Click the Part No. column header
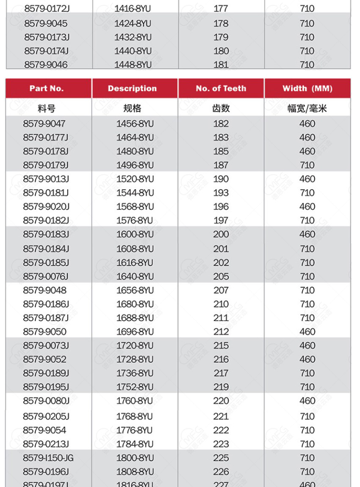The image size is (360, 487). pos(47,88)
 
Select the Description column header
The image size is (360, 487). pos(132,88)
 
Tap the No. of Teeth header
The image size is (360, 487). pos(221,88)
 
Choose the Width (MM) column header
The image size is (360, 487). pos(307,88)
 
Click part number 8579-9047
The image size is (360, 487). pos(44,124)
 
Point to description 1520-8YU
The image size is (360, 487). pos(135,179)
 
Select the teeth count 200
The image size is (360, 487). pos(221,234)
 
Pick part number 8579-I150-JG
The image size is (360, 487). pos(48,458)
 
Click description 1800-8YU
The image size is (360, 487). pos(135,458)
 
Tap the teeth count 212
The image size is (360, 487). pos(221,331)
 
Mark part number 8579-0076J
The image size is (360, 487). pos(46,276)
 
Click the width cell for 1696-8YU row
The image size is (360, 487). pos(307,331)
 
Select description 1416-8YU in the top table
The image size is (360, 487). pos(133,8)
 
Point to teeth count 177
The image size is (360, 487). pos(221,8)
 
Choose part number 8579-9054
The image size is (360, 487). pos(44,430)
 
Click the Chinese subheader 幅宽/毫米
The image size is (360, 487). pos(307,108)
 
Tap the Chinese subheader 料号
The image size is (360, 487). pos(47,108)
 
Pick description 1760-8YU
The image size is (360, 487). pos(135,400)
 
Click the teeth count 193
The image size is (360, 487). pos(221,193)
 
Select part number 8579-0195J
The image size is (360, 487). pos(46,387)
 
